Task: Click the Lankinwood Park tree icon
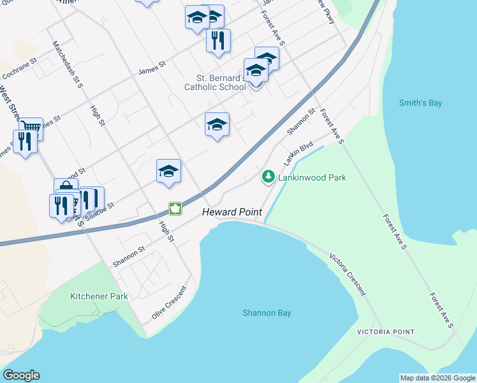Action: (268, 176)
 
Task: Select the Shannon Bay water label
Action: (267, 313)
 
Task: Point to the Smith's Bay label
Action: (420, 103)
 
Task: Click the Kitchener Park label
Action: (99, 296)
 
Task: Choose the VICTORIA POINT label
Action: (385, 332)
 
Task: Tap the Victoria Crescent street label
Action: (348, 274)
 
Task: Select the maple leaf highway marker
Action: (175, 208)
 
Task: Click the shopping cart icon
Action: (30, 128)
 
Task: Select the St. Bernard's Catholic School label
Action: (215, 82)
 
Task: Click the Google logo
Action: (21, 375)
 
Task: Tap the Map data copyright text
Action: (437, 378)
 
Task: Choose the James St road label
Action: (152, 68)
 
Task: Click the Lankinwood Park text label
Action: (312, 177)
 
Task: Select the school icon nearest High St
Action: (168, 170)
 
